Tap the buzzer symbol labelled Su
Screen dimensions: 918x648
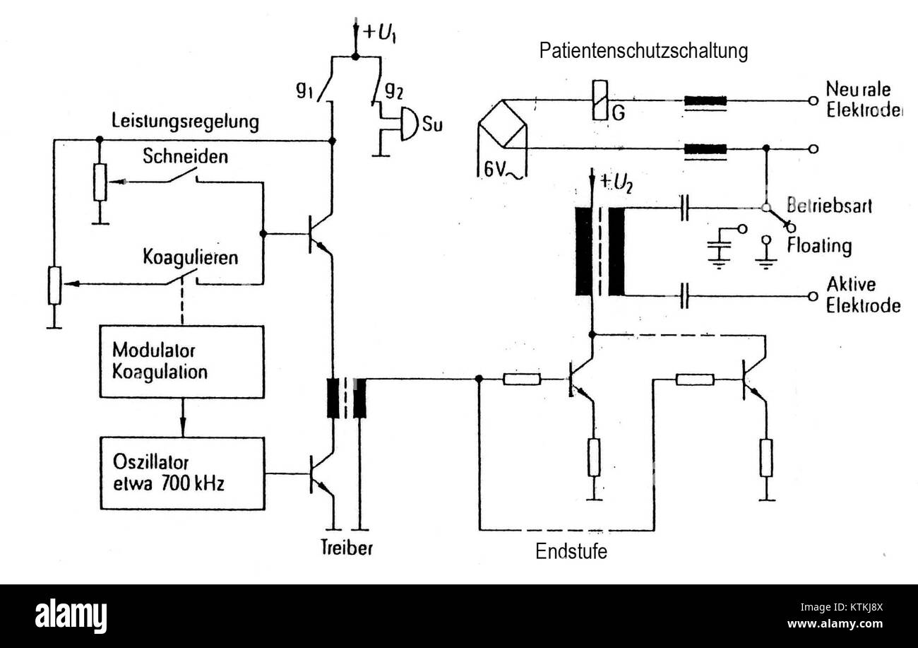[409, 124]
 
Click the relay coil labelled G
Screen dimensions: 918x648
[600, 100]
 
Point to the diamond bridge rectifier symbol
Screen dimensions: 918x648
[503, 123]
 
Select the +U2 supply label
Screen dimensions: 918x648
[616, 183]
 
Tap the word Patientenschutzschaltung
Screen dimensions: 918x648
[643, 51]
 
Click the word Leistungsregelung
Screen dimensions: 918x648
[185, 122]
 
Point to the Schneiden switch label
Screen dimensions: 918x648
[185, 156]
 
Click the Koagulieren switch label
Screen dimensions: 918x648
[191, 258]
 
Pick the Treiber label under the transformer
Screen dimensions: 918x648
[347, 548]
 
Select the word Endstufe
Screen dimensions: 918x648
[571, 551]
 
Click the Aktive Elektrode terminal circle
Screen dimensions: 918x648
[813, 296]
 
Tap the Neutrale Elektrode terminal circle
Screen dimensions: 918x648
[813, 100]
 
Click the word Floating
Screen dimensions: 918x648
[820, 246]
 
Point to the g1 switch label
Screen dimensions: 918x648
[305, 90]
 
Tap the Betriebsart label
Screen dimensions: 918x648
[830, 205]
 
